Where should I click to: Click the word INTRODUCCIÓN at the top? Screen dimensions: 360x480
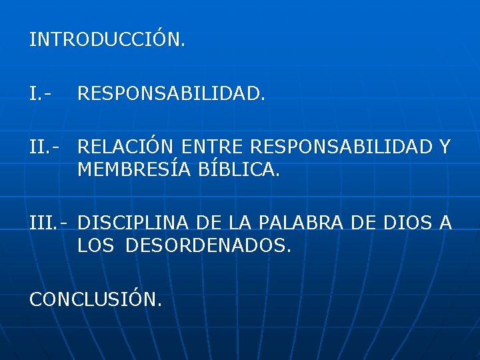(107, 40)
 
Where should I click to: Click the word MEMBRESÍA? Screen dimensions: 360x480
(135, 171)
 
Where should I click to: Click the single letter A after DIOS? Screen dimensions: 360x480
(445, 223)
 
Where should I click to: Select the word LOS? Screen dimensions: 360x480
(95, 247)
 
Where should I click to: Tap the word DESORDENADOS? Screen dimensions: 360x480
(208, 247)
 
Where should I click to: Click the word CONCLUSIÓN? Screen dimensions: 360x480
(95, 299)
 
